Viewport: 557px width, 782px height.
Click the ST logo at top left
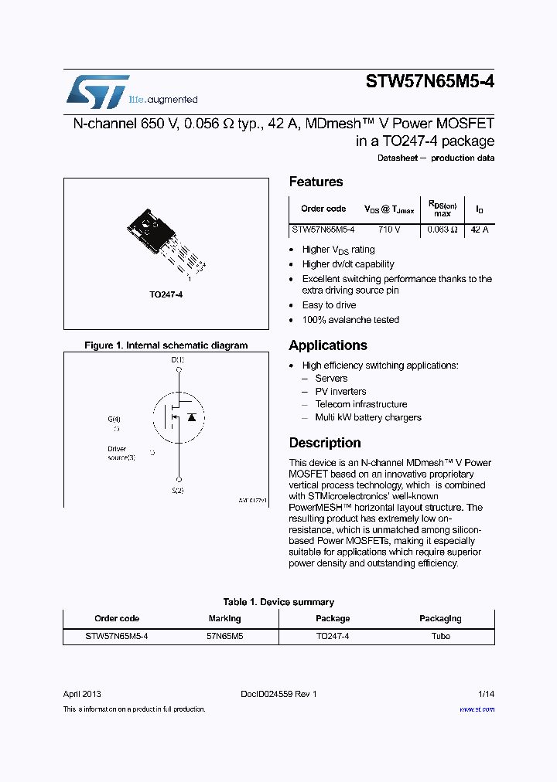tap(97, 91)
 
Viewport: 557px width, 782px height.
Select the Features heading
tap(316, 182)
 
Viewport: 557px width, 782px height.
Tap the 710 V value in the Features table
tap(388, 229)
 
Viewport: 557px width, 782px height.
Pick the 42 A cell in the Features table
tap(480, 229)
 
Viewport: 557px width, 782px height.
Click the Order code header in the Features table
tap(323, 209)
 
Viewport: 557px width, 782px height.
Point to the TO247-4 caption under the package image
tap(166, 294)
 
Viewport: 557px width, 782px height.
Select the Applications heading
tap(328, 345)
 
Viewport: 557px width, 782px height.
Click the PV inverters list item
tap(340, 392)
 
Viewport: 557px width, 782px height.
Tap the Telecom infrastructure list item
tap(361, 404)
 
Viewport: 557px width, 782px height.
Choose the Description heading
tap(325, 443)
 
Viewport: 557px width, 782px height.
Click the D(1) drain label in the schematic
tap(178, 359)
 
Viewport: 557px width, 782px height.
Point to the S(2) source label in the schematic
tap(178, 491)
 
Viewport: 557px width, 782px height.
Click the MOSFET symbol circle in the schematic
tap(177, 416)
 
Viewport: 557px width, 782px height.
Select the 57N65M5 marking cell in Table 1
tap(224, 637)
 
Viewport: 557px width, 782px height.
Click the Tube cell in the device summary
tap(440, 637)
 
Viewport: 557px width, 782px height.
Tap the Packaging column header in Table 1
tap(440, 618)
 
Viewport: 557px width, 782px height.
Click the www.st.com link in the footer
tap(477, 709)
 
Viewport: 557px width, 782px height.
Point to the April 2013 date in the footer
tap(82, 694)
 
